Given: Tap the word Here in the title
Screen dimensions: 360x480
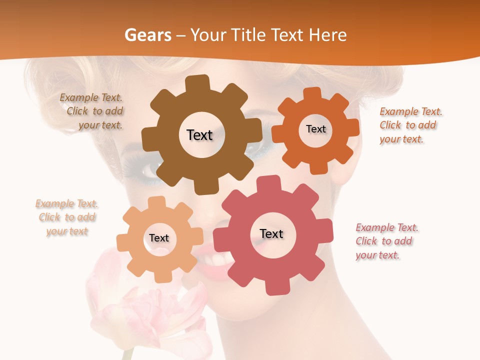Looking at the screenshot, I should point(328,35).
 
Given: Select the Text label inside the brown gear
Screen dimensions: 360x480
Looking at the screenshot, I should point(199,135).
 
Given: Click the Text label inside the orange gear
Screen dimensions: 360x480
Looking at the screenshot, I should point(315,129).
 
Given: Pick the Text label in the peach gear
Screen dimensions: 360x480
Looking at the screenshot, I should point(159,238).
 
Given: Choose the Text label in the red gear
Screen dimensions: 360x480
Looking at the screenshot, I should point(271,233).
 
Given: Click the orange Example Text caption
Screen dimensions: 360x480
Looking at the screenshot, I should point(410,125).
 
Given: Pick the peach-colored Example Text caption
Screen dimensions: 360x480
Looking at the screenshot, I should point(66,217).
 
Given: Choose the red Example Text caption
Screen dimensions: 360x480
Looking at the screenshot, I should point(386,241).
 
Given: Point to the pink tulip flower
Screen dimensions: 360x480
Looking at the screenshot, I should point(145,310).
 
